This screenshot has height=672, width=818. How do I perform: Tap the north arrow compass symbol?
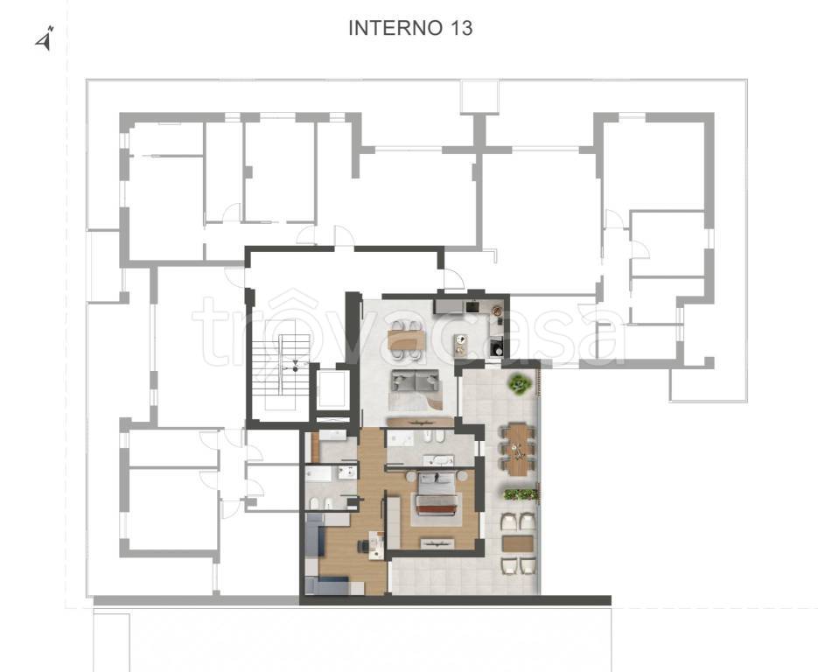tap(45, 39)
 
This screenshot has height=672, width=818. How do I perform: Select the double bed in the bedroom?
tap(437, 494)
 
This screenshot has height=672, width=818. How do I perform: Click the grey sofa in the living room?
tap(416, 381)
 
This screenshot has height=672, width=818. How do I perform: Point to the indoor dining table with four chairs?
tap(407, 340)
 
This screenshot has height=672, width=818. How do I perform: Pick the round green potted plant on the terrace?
tap(520, 384)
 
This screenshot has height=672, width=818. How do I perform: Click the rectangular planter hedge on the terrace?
tap(521, 493)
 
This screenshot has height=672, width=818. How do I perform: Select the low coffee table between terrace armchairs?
tap(517, 543)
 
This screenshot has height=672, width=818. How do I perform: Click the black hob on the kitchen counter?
tap(473, 306)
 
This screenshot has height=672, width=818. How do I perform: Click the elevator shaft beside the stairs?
tap(332, 388)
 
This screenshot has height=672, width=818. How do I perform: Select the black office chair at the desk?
tap(362, 546)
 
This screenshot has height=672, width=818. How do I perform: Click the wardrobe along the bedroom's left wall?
tap(394, 522)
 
